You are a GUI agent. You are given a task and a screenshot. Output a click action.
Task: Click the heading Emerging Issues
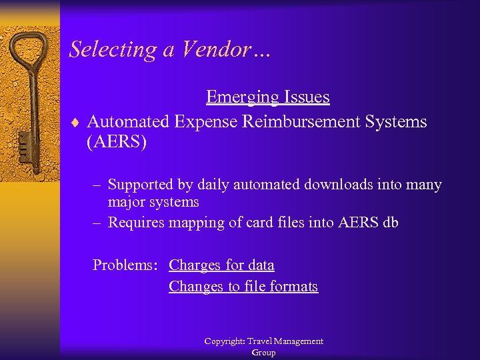(267, 97)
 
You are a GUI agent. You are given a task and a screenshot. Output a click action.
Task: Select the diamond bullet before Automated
(76, 123)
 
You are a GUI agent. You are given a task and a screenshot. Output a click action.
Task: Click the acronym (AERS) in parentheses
(116, 143)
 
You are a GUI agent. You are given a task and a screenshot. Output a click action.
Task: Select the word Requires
(137, 223)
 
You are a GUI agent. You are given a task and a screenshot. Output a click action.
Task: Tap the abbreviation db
(390, 223)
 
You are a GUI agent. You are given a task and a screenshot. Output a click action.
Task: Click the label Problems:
(125, 265)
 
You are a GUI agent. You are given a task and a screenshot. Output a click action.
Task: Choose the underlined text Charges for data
(221, 265)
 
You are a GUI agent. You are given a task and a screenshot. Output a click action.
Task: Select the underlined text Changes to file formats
(243, 287)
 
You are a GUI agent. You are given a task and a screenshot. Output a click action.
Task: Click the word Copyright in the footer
(223, 341)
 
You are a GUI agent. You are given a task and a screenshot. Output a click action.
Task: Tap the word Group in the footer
(263, 353)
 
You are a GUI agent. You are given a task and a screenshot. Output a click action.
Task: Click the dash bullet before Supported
(97, 185)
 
